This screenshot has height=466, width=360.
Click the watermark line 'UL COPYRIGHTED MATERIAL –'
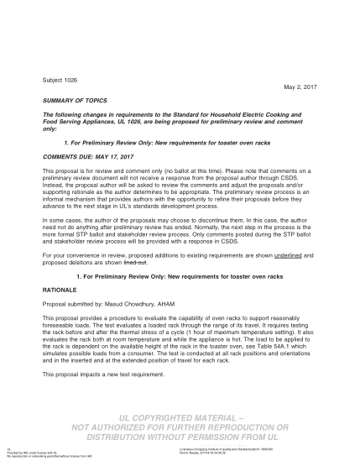click(x=180, y=416)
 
